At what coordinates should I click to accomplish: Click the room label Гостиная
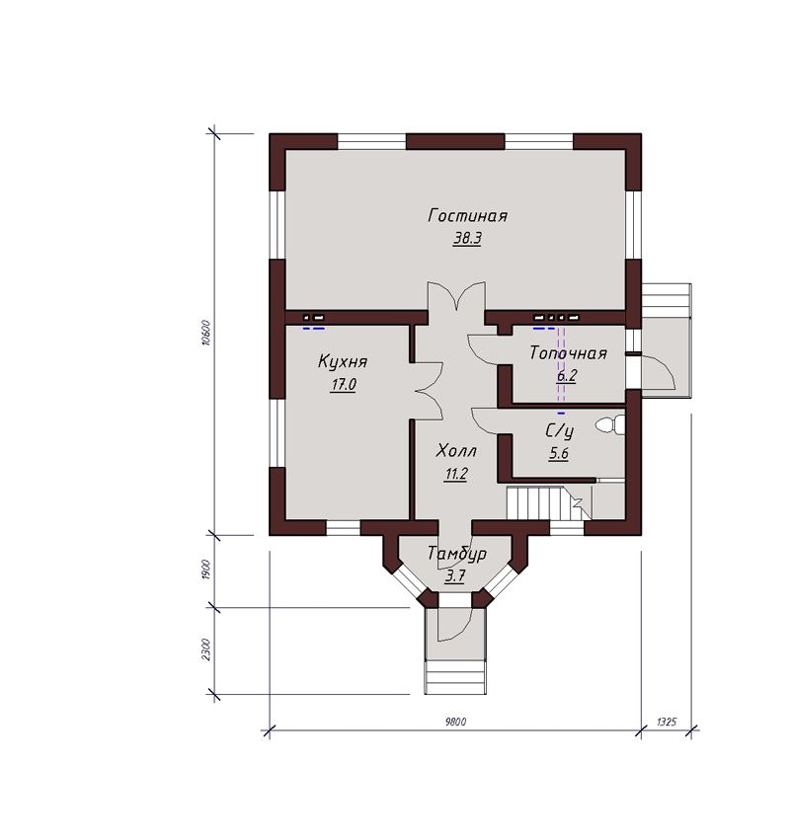pos(467,216)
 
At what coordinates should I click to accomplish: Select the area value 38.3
pos(467,238)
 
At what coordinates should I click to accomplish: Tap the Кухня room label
pos(343,361)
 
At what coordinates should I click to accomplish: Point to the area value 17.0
pos(343,384)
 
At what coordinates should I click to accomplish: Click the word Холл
pos(456,451)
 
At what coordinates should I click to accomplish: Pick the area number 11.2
pos(456,474)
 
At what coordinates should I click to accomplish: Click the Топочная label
pos(568,353)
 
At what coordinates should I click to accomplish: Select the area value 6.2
pos(567,376)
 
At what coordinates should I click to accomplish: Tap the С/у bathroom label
pos(559,430)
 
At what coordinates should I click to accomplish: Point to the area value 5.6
pos(559,454)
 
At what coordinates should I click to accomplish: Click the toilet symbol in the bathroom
pos(610,425)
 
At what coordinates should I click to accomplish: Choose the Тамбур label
pos(457,554)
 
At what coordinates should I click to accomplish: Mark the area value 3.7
pos(455,576)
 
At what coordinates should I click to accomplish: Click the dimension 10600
pos(206,333)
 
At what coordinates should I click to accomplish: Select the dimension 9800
pos(455,723)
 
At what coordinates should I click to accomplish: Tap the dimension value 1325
pos(666,723)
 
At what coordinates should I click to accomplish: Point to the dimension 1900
pos(207,571)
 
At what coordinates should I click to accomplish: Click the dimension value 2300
pos(207,649)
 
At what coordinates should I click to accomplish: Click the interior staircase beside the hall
pos(549,502)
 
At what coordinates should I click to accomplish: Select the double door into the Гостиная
pos(456,297)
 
